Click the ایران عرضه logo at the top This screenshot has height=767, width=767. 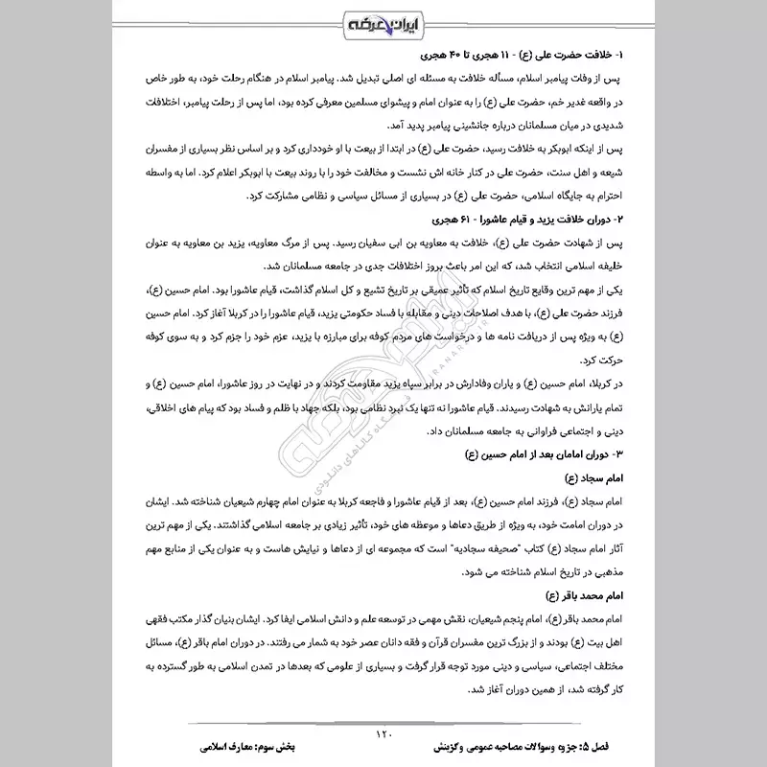click(x=383, y=22)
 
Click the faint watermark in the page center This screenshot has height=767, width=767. click(x=383, y=383)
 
